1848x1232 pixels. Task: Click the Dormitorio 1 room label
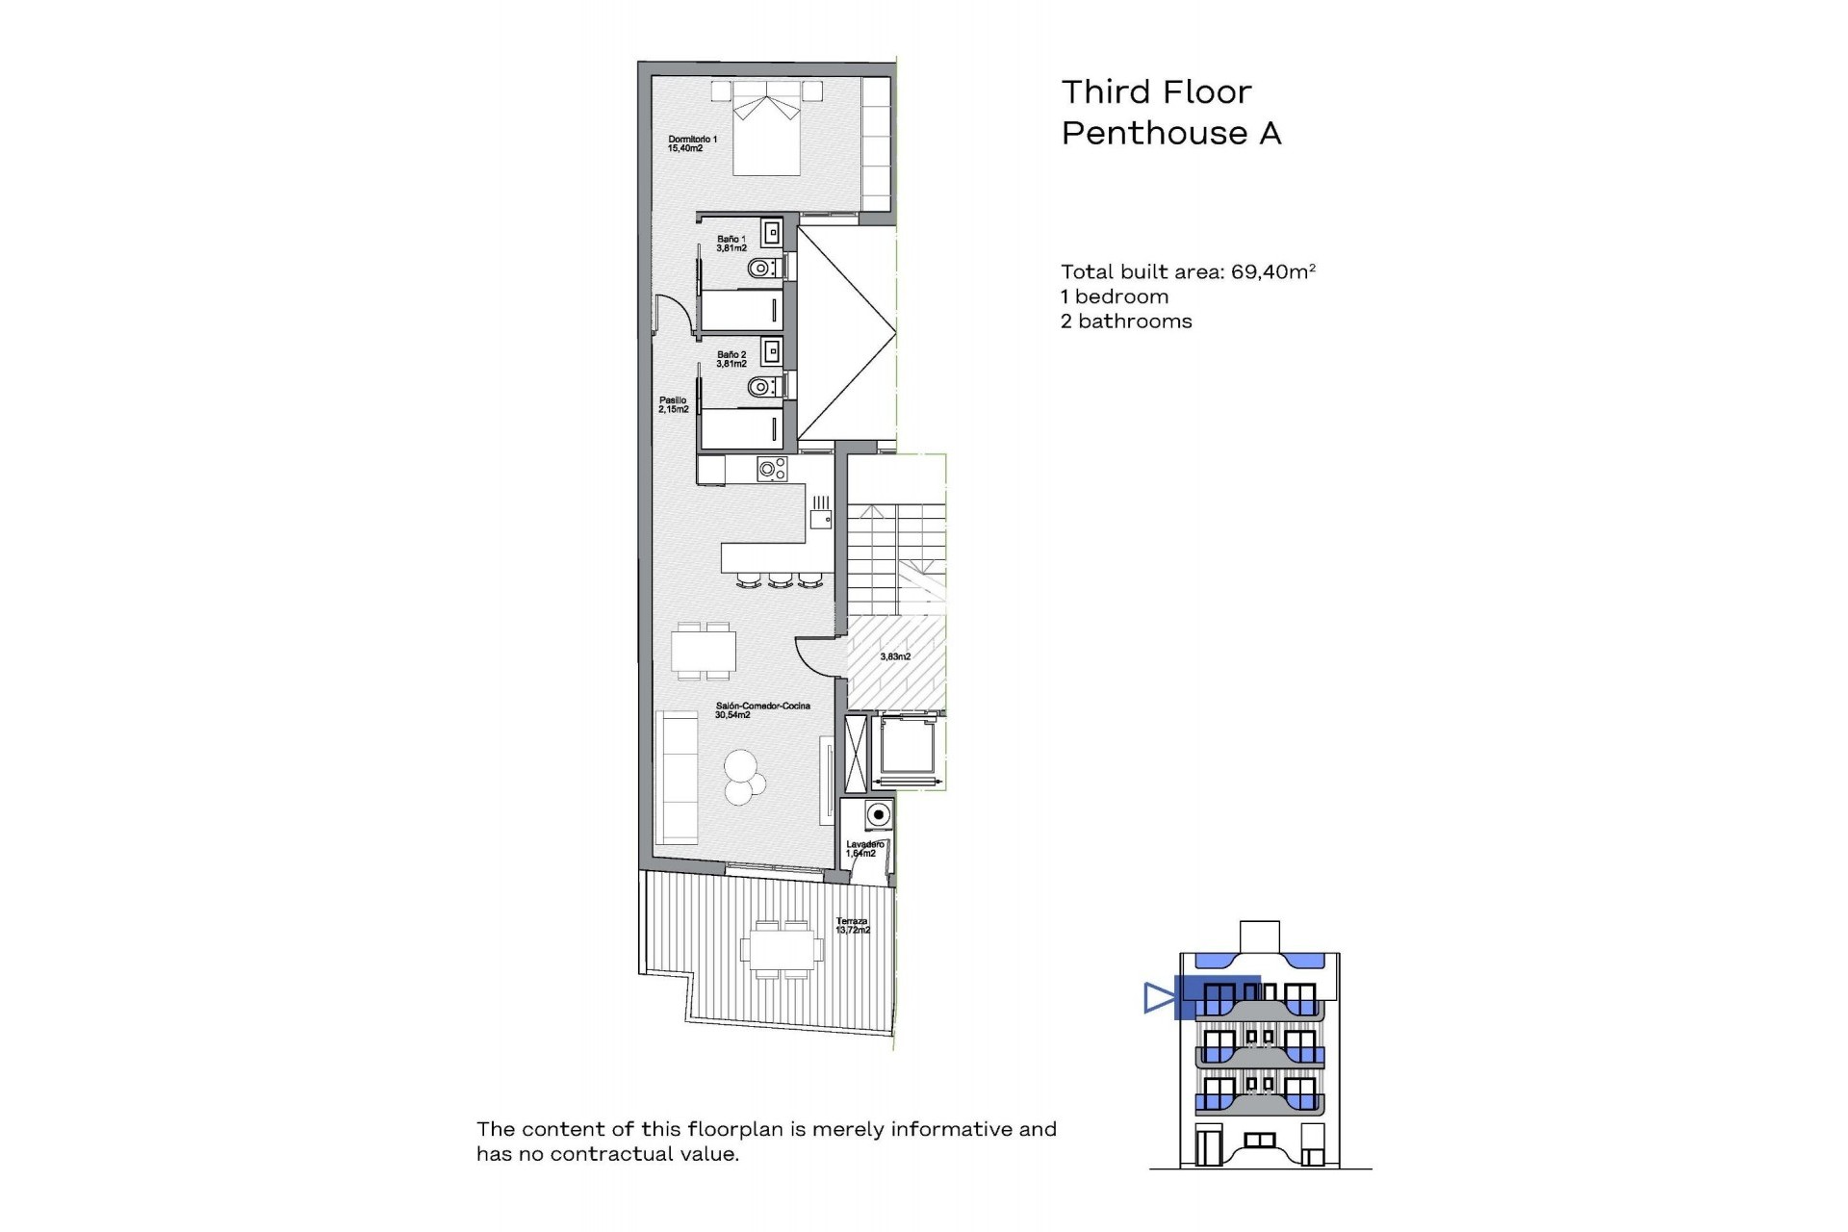[x=692, y=143]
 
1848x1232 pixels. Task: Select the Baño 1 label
[x=731, y=244]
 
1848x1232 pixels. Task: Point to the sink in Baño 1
[x=772, y=233]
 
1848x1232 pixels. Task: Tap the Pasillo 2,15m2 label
[x=673, y=404]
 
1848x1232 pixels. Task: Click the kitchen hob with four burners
[x=772, y=470]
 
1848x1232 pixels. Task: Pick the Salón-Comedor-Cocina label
[x=762, y=710]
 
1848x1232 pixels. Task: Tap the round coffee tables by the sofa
[x=742, y=776]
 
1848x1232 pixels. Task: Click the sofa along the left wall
[x=677, y=777]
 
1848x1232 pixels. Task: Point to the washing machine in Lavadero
[x=877, y=815]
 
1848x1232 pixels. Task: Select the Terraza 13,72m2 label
[x=852, y=926]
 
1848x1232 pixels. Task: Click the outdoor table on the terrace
[x=782, y=949]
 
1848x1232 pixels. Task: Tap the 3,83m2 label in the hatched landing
[x=895, y=656]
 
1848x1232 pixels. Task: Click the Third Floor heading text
[x=1156, y=92]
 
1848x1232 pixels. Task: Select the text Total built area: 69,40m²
[x=1188, y=272]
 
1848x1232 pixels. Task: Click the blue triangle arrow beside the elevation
[x=1158, y=998]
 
